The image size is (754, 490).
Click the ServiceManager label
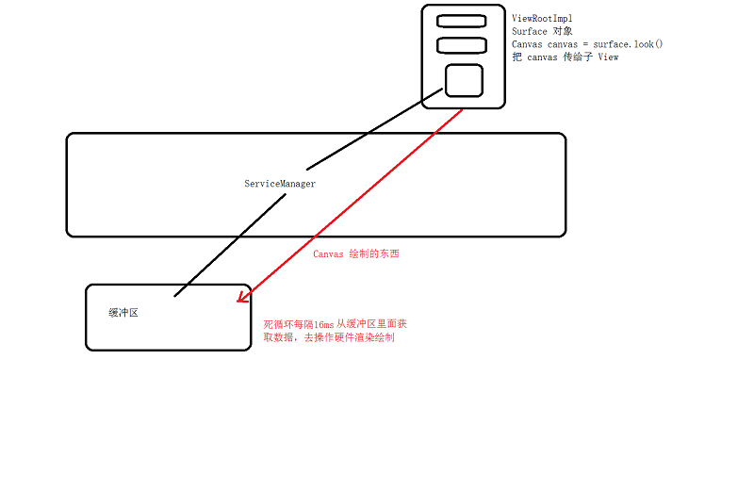280,184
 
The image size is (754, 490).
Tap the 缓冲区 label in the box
123,312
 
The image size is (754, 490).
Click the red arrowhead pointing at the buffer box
241,298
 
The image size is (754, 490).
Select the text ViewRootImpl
542,18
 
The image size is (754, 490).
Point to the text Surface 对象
542,31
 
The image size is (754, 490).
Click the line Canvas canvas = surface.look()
587,44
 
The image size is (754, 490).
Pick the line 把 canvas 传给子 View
565,57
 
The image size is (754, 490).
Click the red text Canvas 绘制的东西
355,254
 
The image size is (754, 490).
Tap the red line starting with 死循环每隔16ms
335,323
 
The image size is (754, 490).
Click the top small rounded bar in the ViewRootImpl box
461,21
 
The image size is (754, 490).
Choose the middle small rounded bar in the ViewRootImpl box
461,44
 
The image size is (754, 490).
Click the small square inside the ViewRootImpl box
464,80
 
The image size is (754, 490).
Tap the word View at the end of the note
608,57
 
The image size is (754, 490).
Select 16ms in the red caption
321,323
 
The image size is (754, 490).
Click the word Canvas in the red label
327,254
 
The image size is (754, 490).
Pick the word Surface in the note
529,31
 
